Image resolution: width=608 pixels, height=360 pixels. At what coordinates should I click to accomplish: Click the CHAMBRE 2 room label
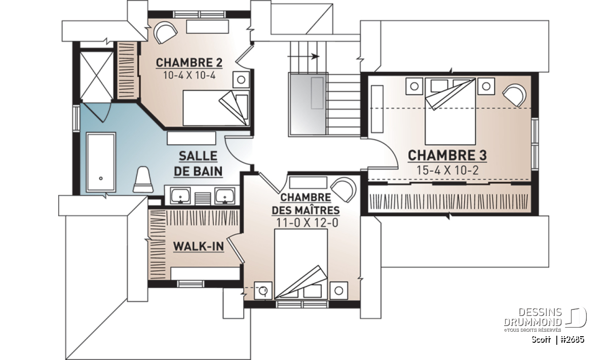point(189,63)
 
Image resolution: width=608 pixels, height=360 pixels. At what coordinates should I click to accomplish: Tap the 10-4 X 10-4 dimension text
point(189,75)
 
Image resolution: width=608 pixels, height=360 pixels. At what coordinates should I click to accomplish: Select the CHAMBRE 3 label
point(447,155)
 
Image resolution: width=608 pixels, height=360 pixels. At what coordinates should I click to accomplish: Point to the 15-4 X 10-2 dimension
point(447,170)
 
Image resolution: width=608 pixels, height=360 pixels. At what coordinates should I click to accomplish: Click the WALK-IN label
point(199,247)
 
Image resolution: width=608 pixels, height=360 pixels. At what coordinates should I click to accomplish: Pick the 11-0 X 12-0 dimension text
point(307,223)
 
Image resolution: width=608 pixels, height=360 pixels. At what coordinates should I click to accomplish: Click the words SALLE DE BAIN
point(198,164)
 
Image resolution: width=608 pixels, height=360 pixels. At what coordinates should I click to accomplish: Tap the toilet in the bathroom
point(143,180)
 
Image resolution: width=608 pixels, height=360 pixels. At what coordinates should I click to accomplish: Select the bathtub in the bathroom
point(101,162)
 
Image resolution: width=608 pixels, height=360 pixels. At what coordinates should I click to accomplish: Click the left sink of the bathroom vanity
point(180,195)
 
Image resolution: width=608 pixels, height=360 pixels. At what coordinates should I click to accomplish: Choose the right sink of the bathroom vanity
point(225,195)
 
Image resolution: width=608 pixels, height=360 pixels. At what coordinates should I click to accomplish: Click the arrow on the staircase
point(303,56)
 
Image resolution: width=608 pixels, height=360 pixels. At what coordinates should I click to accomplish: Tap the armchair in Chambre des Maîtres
point(344,190)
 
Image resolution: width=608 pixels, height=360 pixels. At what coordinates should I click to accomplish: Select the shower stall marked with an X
point(97,77)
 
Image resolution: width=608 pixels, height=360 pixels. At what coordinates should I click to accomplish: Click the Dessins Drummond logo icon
point(576,317)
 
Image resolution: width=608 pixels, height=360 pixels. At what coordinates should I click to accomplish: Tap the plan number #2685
point(572,339)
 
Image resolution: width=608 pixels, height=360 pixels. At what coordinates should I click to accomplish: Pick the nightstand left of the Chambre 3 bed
point(414,86)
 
